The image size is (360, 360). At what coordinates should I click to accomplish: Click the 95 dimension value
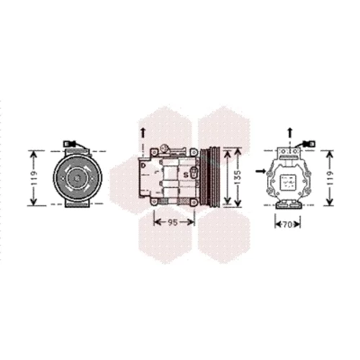[x=173, y=222]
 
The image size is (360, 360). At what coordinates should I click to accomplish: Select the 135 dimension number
[x=238, y=177]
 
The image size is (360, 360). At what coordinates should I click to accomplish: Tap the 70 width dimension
[x=287, y=225]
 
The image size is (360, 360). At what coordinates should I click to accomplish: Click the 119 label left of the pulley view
[x=34, y=178]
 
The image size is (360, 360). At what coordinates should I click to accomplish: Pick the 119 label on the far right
[x=330, y=178]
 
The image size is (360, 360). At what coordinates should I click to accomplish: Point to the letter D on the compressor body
[x=143, y=166]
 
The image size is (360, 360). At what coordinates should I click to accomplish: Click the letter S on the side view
[x=186, y=175]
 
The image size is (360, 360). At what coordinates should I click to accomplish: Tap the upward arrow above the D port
[x=143, y=133]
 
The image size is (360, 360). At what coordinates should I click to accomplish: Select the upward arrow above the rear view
[x=290, y=132]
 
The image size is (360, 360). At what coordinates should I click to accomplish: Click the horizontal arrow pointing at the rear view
[x=261, y=171]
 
